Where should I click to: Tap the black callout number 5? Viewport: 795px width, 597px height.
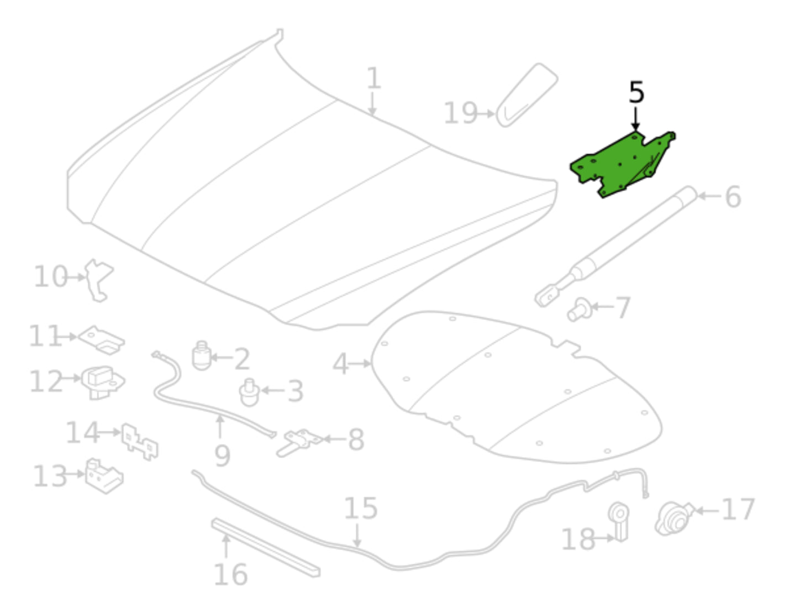tap(636, 92)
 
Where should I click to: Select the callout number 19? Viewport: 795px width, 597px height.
tap(461, 113)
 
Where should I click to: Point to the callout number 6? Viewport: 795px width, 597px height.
tap(733, 197)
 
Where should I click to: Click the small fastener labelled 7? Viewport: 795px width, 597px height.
tap(580, 310)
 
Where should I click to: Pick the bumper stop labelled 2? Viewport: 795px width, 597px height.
tap(202, 355)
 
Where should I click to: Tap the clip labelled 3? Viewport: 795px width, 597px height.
tap(249, 392)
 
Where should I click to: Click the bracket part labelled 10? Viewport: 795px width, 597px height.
tap(98, 280)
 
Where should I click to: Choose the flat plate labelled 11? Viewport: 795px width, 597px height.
tap(102, 340)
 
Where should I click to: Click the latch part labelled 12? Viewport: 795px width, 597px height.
tap(102, 382)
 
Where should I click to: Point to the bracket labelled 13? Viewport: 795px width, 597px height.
tap(104, 475)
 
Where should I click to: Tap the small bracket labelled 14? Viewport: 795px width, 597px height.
tap(139, 442)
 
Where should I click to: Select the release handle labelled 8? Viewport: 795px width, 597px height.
tap(299, 443)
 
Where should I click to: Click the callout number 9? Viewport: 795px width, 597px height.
tap(223, 456)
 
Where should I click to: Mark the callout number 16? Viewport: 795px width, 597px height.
tap(231, 574)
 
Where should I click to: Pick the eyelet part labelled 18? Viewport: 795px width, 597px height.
tap(619, 521)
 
